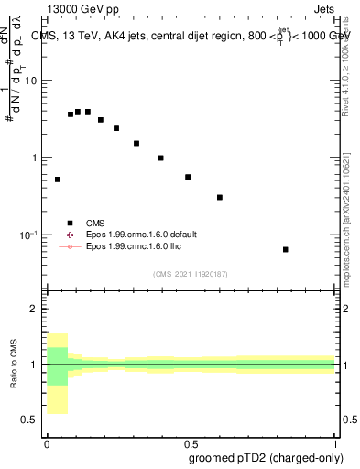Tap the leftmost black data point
click(58, 180)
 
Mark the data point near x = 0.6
click(220, 197)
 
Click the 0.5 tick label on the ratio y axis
click(29, 420)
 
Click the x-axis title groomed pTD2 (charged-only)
click(266, 457)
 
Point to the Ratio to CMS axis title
click(14, 365)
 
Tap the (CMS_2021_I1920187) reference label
click(191, 273)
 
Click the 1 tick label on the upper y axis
click(34, 158)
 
